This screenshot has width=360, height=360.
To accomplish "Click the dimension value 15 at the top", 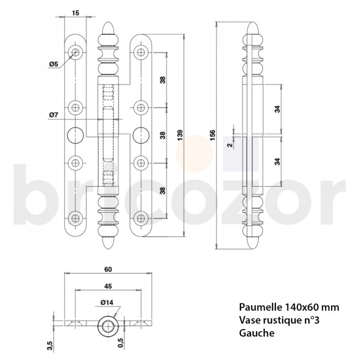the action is (75, 13).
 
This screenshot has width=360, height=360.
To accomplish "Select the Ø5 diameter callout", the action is (54, 64).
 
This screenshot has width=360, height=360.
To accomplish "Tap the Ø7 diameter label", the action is (54, 115).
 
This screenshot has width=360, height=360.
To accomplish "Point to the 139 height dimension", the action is (180, 135).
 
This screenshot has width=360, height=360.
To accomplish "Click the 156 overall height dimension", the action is (213, 135).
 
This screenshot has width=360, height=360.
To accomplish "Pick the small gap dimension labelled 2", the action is (230, 145).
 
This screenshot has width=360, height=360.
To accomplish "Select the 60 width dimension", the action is (108, 269).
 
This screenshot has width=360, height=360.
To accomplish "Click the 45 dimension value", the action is (108, 286).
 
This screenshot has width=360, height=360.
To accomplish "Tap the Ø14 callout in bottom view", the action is (107, 302).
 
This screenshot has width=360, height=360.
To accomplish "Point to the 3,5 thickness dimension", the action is (50, 346).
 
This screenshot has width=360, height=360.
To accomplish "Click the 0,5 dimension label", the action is (120, 343).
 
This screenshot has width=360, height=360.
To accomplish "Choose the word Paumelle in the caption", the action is (260, 307).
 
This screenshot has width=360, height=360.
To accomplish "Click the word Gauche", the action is (256, 333).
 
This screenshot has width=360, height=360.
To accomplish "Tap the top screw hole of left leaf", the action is (75, 53).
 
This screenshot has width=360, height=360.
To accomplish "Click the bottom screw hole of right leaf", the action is (141, 218).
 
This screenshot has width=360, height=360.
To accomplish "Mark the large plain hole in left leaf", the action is (75, 135).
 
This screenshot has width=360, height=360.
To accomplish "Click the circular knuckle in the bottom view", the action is (108, 326).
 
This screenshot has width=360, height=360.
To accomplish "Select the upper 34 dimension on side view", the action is (277, 109).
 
